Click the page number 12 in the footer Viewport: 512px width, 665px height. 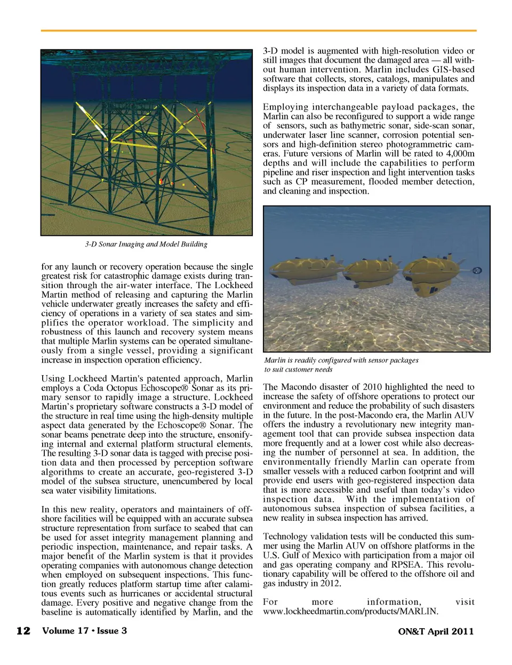23,631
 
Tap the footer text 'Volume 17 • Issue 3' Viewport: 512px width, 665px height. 85,631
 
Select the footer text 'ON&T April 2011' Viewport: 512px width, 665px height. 436,631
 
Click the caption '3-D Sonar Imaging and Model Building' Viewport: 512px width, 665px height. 146,244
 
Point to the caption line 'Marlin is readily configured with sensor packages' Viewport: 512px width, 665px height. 341,360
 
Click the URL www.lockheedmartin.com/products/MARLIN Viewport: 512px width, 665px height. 350,611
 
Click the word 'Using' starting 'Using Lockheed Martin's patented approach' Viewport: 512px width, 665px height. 53,378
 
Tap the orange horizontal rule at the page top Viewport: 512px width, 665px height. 259,31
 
